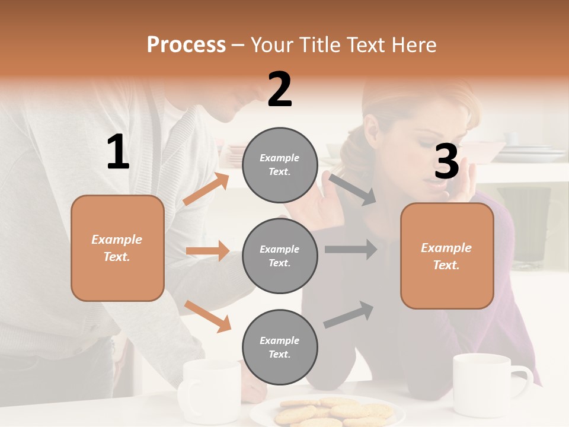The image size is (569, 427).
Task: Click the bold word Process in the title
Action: (x=186, y=44)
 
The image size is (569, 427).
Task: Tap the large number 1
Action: (x=118, y=152)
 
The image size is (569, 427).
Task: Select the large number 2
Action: (x=280, y=90)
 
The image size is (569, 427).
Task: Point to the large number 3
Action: (x=446, y=161)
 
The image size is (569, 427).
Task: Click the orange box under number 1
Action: (x=117, y=248)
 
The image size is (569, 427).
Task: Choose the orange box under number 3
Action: (x=447, y=256)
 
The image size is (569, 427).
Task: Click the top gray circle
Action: (x=280, y=164)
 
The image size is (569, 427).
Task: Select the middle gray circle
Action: (x=280, y=256)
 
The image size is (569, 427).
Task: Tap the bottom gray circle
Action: (x=280, y=347)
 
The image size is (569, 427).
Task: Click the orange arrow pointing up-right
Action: (x=206, y=189)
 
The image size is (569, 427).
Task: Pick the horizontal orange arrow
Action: (x=207, y=251)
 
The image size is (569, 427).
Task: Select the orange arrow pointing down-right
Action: (x=207, y=316)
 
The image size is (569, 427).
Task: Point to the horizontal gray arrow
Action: (x=350, y=249)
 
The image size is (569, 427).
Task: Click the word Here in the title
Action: (x=413, y=44)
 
